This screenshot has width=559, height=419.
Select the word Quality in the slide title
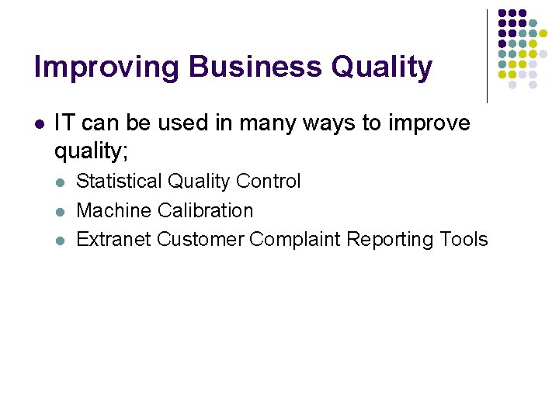coord(382,68)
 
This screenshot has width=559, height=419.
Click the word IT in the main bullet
coord(65,123)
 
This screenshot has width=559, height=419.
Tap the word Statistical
coord(119,182)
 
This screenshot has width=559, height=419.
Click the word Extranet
coord(113,239)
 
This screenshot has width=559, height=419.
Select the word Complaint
coord(295,240)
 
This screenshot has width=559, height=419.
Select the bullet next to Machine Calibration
coord(61,211)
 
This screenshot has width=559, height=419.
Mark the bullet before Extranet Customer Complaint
coord(61,240)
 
